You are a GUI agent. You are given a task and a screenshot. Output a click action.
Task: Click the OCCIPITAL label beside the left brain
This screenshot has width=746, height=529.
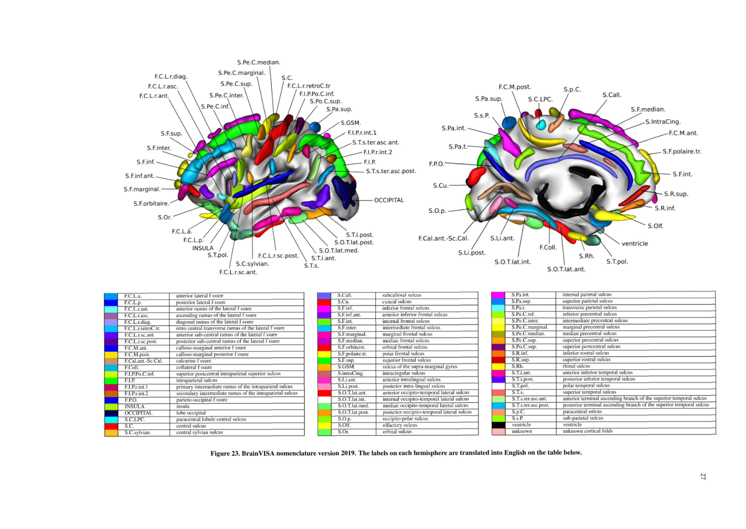point(389,200)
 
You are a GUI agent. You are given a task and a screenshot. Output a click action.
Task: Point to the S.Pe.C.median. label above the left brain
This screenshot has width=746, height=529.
point(259,62)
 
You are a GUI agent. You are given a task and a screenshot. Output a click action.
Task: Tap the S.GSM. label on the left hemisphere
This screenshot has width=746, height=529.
point(351,123)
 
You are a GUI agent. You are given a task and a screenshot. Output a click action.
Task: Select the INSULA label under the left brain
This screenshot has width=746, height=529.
point(203,248)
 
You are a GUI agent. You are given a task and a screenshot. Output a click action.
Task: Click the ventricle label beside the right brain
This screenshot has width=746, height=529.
point(635,243)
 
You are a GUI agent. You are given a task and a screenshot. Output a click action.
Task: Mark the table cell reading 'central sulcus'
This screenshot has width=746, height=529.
point(191,426)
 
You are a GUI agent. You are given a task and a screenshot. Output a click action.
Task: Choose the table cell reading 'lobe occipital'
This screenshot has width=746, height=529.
point(191,413)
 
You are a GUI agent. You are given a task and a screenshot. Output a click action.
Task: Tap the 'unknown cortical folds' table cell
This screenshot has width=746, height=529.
point(587,431)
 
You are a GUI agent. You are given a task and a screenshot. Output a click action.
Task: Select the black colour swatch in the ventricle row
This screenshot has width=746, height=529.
point(498,425)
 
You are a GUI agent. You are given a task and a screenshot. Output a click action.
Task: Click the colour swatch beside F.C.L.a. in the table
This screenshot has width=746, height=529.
point(111,296)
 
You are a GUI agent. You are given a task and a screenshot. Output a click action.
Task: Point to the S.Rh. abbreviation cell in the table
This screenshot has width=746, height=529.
point(517,366)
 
